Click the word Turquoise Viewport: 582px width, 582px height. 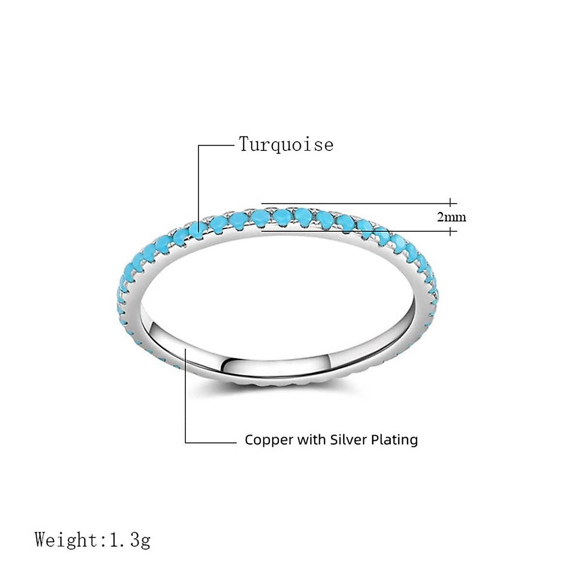[x=286, y=144]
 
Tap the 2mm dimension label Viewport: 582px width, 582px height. [x=452, y=217]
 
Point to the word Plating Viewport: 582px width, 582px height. [x=394, y=440]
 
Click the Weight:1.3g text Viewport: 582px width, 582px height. [x=93, y=540]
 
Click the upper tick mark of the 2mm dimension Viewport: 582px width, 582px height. [x=451, y=202]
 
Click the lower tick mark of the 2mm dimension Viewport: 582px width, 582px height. [x=451, y=231]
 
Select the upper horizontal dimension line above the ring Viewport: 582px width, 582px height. [x=354, y=203]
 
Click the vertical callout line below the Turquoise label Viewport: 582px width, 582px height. [x=198, y=184]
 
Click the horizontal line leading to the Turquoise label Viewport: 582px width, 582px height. [x=216, y=145]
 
